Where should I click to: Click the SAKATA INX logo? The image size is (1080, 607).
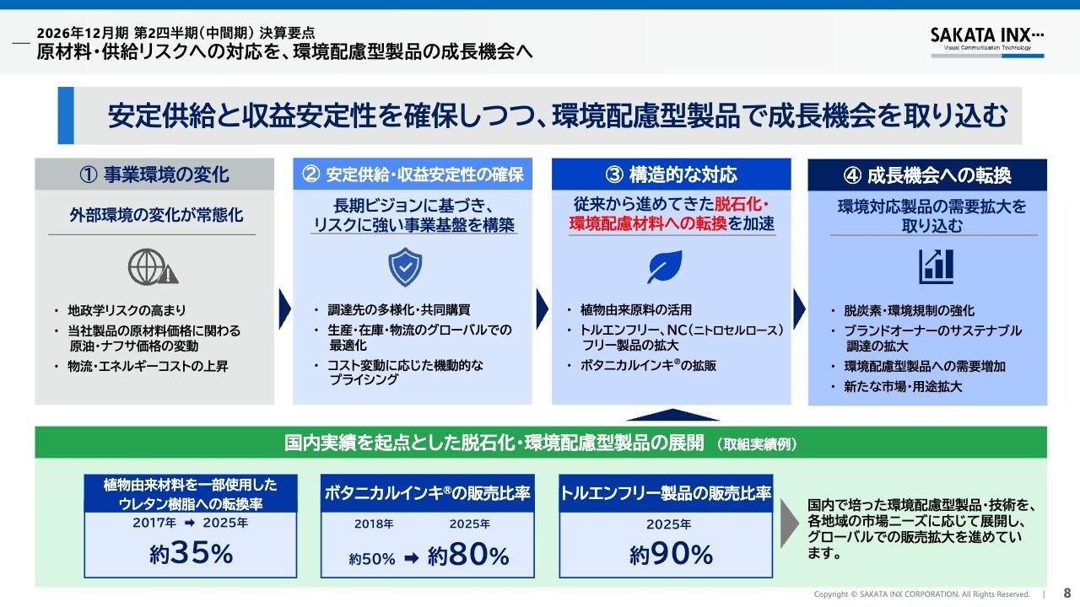pyautogui.click(x=987, y=42)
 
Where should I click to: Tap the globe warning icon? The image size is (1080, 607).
pyautogui.click(x=153, y=266)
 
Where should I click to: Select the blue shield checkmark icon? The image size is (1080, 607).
pyautogui.click(x=405, y=267)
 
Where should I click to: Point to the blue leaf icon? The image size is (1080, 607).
pyautogui.click(x=664, y=266)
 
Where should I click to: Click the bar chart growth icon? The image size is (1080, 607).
pyautogui.click(x=936, y=266)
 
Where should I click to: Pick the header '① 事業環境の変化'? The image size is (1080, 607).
pyautogui.click(x=154, y=175)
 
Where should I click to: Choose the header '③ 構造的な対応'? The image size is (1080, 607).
pyautogui.click(x=671, y=175)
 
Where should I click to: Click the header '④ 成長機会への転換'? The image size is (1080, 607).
pyautogui.click(x=927, y=175)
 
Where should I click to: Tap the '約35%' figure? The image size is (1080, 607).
pyautogui.click(x=191, y=552)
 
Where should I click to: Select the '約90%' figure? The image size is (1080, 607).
pyautogui.click(x=671, y=554)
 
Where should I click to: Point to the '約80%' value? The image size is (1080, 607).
pyautogui.click(x=467, y=555)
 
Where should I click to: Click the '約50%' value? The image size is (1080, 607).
pyautogui.click(x=372, y=559)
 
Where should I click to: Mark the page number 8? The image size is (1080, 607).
pyautogui.click(x=1067, y=593)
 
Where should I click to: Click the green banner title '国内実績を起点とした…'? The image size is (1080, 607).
pyautogui.click(x=494, y=443)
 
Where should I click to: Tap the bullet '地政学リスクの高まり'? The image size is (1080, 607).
pyautogui.click(x=127, y=310)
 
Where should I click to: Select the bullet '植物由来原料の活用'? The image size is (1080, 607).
pyautogui.click(x=636, y=309)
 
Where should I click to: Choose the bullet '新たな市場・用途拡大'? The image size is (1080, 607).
pyautogui.click(x=903, y=386)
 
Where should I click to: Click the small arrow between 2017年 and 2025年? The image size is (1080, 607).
pyautogui.click(x=190, y=523)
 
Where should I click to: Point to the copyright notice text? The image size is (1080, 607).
pyautogui.click(x=921, y=594)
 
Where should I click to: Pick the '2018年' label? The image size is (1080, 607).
pyautogui.click(x=374, y=524)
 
